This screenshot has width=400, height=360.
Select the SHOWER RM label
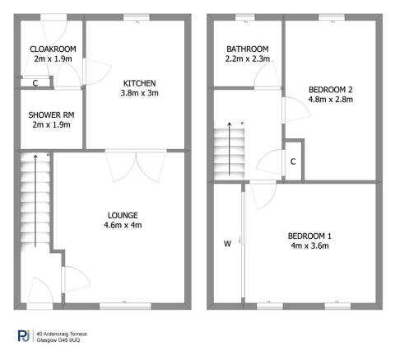click(49, 115)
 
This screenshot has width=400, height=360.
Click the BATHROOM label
click(248, 49)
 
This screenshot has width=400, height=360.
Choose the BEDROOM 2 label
click(331, 89)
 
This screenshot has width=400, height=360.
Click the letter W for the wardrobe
click(227, 243)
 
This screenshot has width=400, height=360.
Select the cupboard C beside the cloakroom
click(35, 82)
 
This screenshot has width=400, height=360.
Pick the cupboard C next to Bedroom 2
click(293, 161)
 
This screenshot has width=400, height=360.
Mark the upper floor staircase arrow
click(230, 148)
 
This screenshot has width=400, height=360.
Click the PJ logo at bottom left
click(24, 336)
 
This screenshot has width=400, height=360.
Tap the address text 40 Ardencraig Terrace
click(63, 334)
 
